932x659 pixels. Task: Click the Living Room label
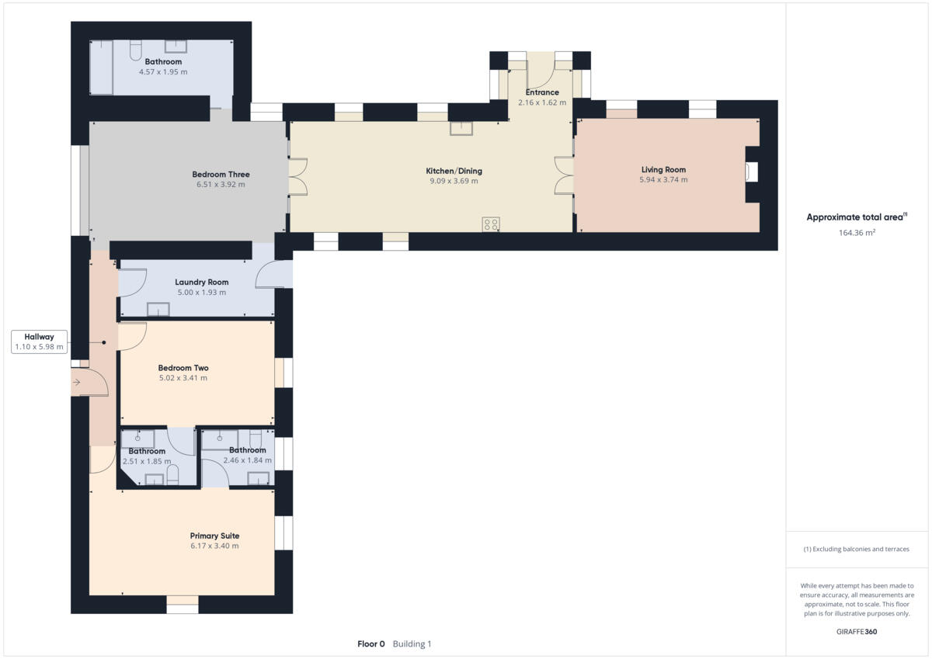click(663, 169)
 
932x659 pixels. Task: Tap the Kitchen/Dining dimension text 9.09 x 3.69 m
click(454, 181)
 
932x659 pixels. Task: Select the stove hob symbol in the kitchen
click(491, 224)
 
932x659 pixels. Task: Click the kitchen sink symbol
click(461, 128)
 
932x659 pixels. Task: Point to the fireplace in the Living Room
click(751, 172)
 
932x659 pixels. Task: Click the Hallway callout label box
click(39, 342)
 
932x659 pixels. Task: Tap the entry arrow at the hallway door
click(76, 382)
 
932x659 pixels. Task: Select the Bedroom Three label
click(221, 175)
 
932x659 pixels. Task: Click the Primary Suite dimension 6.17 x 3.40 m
click(214, 546)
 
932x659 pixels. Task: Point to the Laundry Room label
click(201, 282)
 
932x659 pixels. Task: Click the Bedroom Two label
click(183, 368)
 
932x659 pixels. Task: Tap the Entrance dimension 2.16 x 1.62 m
click(541, 102)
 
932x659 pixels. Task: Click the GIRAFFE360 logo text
click(857, 631)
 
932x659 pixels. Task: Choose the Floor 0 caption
click(370, 644)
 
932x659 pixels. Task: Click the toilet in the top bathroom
click(135, 50)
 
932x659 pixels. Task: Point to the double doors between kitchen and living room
click(563, 175)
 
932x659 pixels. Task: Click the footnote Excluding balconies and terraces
click(857, 549)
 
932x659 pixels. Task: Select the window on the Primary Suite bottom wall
click(183, 604)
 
